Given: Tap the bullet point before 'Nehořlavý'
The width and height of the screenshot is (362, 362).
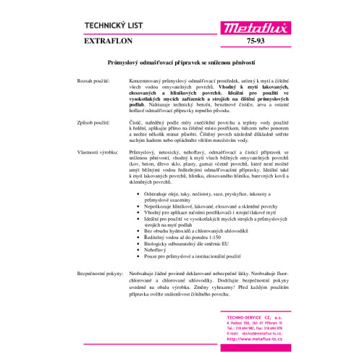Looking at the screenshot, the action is tap(138, 248).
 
